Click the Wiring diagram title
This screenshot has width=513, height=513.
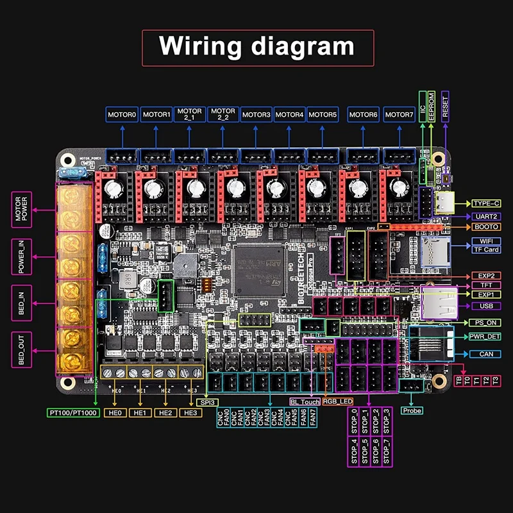(256, 46)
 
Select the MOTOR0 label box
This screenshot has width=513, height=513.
(122, 115)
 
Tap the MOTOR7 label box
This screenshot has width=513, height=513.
(399, 115)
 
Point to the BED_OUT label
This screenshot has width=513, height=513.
(22, 349)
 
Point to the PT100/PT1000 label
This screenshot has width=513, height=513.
(72, 413)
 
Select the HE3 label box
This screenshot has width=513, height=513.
(190, 413)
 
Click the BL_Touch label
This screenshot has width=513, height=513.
(305, 402)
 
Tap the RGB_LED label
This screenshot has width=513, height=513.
(338, 402)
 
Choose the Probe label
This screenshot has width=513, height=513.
(412, 410)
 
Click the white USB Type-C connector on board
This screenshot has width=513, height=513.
(444, 203)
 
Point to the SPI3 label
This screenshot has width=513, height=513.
(206, 402)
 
